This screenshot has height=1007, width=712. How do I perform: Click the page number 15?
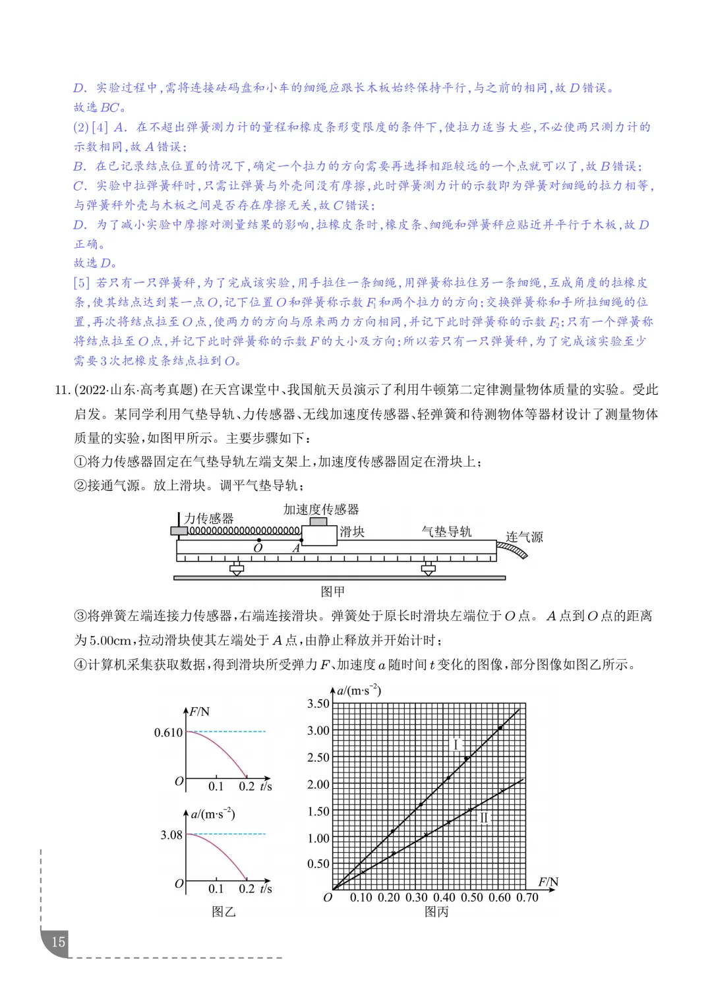[x=58, y=941]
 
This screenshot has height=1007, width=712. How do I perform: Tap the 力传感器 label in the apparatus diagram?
[x=208, y=519]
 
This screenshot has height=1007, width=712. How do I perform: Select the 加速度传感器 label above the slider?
[x=321, y=509]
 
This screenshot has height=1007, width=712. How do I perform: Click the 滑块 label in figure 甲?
[x=352, y=532]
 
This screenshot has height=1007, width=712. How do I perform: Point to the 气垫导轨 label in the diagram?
[x=446, y=532]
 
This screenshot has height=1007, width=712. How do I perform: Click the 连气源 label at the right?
[x=524, y=537]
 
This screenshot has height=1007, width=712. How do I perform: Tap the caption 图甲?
[x=332, y=591]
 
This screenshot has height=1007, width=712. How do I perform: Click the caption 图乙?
[x=223, y=911]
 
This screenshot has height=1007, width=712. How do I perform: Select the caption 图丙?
[x=436, y=911]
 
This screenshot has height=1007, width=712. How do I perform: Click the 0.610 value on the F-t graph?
[x=168, y=732]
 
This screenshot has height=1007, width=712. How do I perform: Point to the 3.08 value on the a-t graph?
[x=171, y=835]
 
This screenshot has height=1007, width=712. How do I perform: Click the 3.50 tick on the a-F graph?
[x=318, y=704]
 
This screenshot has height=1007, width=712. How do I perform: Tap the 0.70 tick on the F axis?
[x=527, y=898]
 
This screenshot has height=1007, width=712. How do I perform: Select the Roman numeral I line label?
[x=456, y=745]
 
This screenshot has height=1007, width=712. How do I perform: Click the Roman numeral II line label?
[x=484, y=818]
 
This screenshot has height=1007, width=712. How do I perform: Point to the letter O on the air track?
[x=258, y=548]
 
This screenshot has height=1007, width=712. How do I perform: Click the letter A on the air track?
[x=296, y=548]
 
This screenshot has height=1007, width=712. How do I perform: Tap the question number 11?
[x=62, y=390]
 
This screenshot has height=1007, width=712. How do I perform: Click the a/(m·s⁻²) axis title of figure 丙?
[x=359, y=691]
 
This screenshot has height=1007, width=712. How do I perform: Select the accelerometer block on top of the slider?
[x=318, y=521]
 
